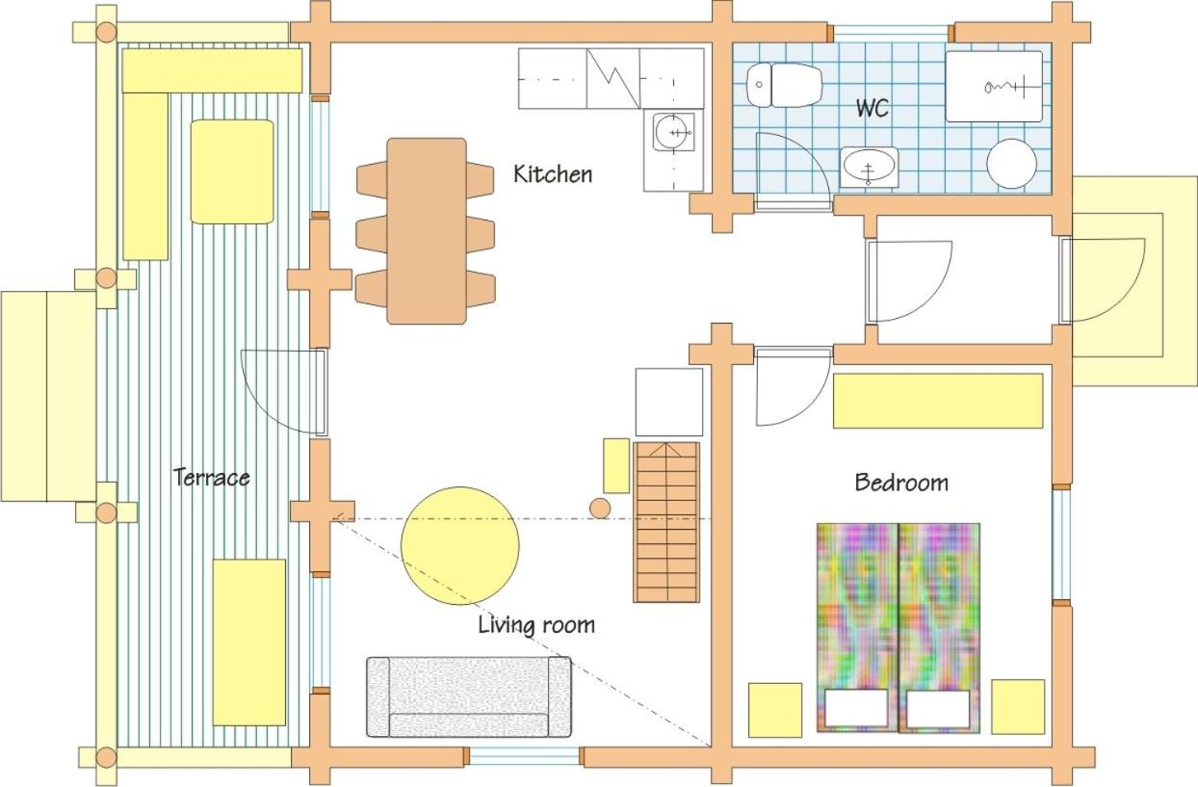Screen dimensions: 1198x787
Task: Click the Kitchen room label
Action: pos(553,174)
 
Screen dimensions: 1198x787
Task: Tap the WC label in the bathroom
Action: pos(872,108)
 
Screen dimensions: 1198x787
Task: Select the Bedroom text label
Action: pos(901,483)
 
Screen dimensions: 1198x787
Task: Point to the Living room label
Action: pos(536,625)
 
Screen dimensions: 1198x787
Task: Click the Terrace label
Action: pos(212,477)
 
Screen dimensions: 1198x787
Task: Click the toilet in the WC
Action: pos(784,85)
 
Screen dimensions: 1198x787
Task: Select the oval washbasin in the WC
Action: pos(869,167)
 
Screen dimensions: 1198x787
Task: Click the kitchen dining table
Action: pos(427,231)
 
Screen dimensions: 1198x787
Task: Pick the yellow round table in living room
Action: pos(460,546)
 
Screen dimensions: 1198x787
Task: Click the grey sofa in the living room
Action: pos(468,696)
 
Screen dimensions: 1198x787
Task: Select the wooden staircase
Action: pos(666,522)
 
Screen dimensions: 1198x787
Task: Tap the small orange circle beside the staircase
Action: pos(600,509)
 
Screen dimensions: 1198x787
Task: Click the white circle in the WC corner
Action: pos(1011,164)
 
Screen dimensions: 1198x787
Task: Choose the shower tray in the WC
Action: pos(994,87)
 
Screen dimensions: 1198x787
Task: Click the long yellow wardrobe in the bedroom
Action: pos(938,401)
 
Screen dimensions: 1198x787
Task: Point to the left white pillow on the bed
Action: pos(856,708)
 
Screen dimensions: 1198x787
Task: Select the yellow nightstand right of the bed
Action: pos(1018,707)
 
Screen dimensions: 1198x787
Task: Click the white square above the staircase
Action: pos(669,402)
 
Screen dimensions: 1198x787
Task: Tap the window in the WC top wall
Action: pos(891,33)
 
